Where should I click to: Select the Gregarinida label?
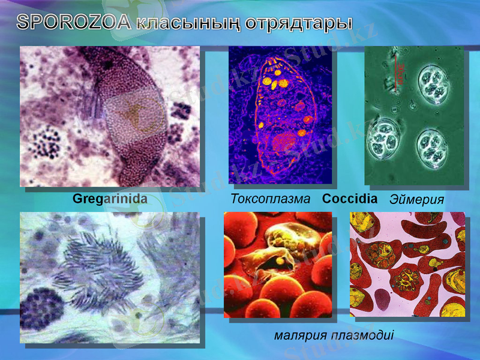(110, 197)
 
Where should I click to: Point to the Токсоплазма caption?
(271, 199)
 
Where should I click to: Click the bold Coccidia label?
(349, 198)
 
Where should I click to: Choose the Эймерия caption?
(417, 199)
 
